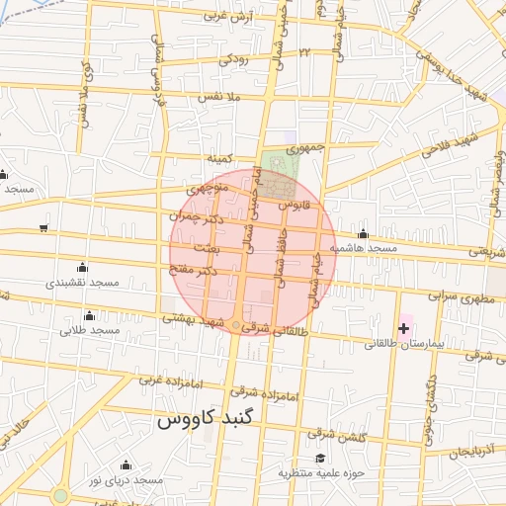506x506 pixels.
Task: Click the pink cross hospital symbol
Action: click(403, 327)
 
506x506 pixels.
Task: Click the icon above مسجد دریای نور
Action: click(125, 464)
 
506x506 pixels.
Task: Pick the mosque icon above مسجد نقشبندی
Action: click(81, 268)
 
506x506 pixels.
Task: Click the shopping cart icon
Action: click(43, 228)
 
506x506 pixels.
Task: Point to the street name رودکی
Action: click(234, 59)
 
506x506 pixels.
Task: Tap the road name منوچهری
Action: click(208, 186)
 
